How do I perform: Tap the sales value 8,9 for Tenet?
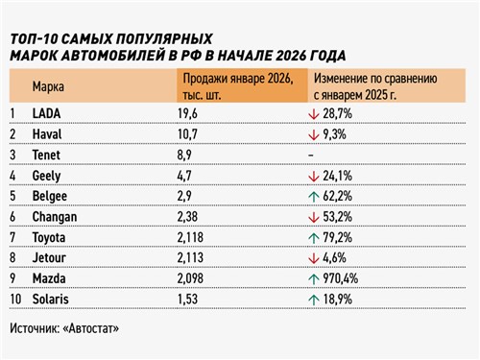click(185, 156)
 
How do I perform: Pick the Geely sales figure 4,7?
click(185, 177)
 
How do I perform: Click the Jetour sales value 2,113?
click(192, 261)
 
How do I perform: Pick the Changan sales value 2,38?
click(189, 219)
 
